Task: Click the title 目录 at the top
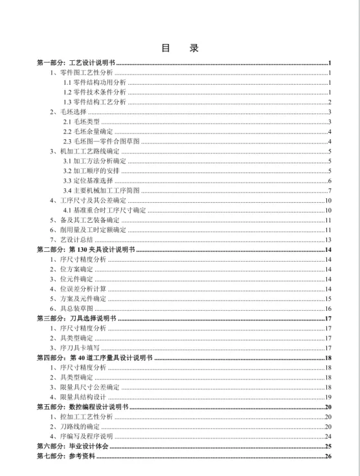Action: [x=180, y=49]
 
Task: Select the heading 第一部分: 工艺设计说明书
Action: [x=76, y=63]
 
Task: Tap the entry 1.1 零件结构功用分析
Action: [x=95, y=83]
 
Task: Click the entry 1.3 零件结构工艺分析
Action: [x=95, y=102]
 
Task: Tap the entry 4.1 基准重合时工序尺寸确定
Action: [x=104, y=210]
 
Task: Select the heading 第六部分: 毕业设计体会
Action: [x=73, y=446]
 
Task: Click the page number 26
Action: [x=328, y=457]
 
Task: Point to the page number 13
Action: [x=328, y=240]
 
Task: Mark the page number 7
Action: [x=330, y=190]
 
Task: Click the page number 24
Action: [x=328, y=436]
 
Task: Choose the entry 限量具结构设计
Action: [x=82, y=396]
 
